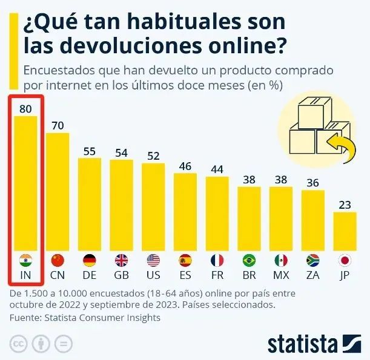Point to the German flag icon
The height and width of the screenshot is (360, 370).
tap(90, 260)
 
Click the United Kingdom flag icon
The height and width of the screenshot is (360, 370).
tap(121, 260)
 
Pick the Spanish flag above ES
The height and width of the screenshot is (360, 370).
tap(185, 260)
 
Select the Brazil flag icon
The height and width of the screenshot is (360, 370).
tap(249, 260)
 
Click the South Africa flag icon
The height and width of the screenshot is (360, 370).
tap(312, 260)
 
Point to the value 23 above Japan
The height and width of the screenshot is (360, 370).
tap(345, 205)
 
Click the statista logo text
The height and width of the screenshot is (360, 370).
tap(302, 344)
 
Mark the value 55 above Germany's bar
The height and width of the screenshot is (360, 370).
tap(90, 151)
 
